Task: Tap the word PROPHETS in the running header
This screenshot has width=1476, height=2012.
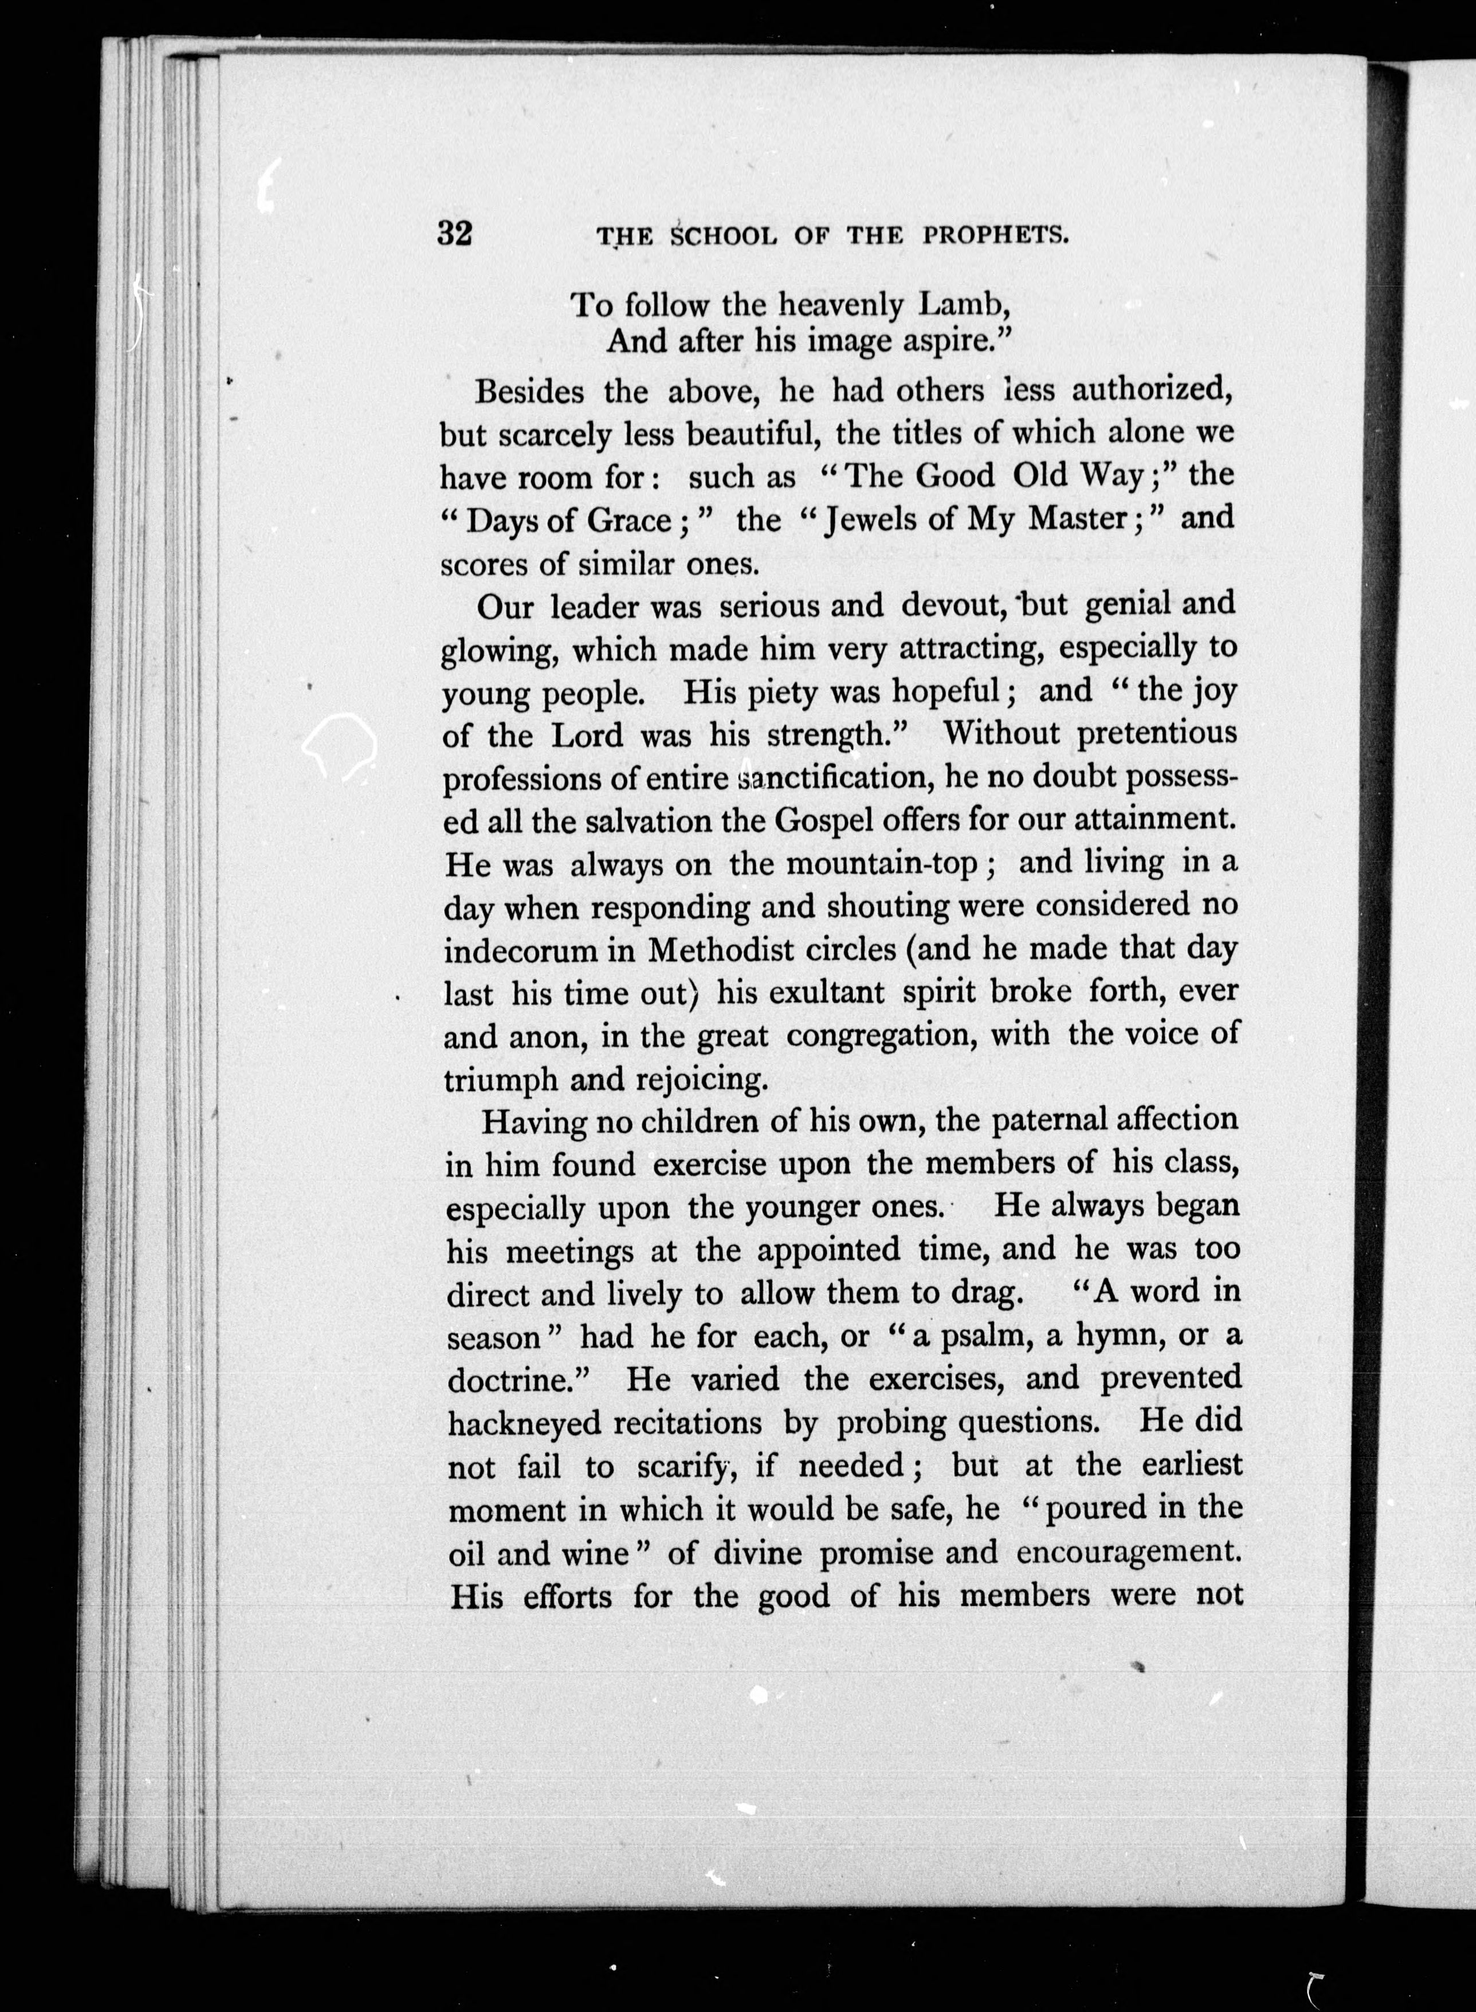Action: tap(995, 236)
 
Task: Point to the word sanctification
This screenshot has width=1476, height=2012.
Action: tap(838, 777)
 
